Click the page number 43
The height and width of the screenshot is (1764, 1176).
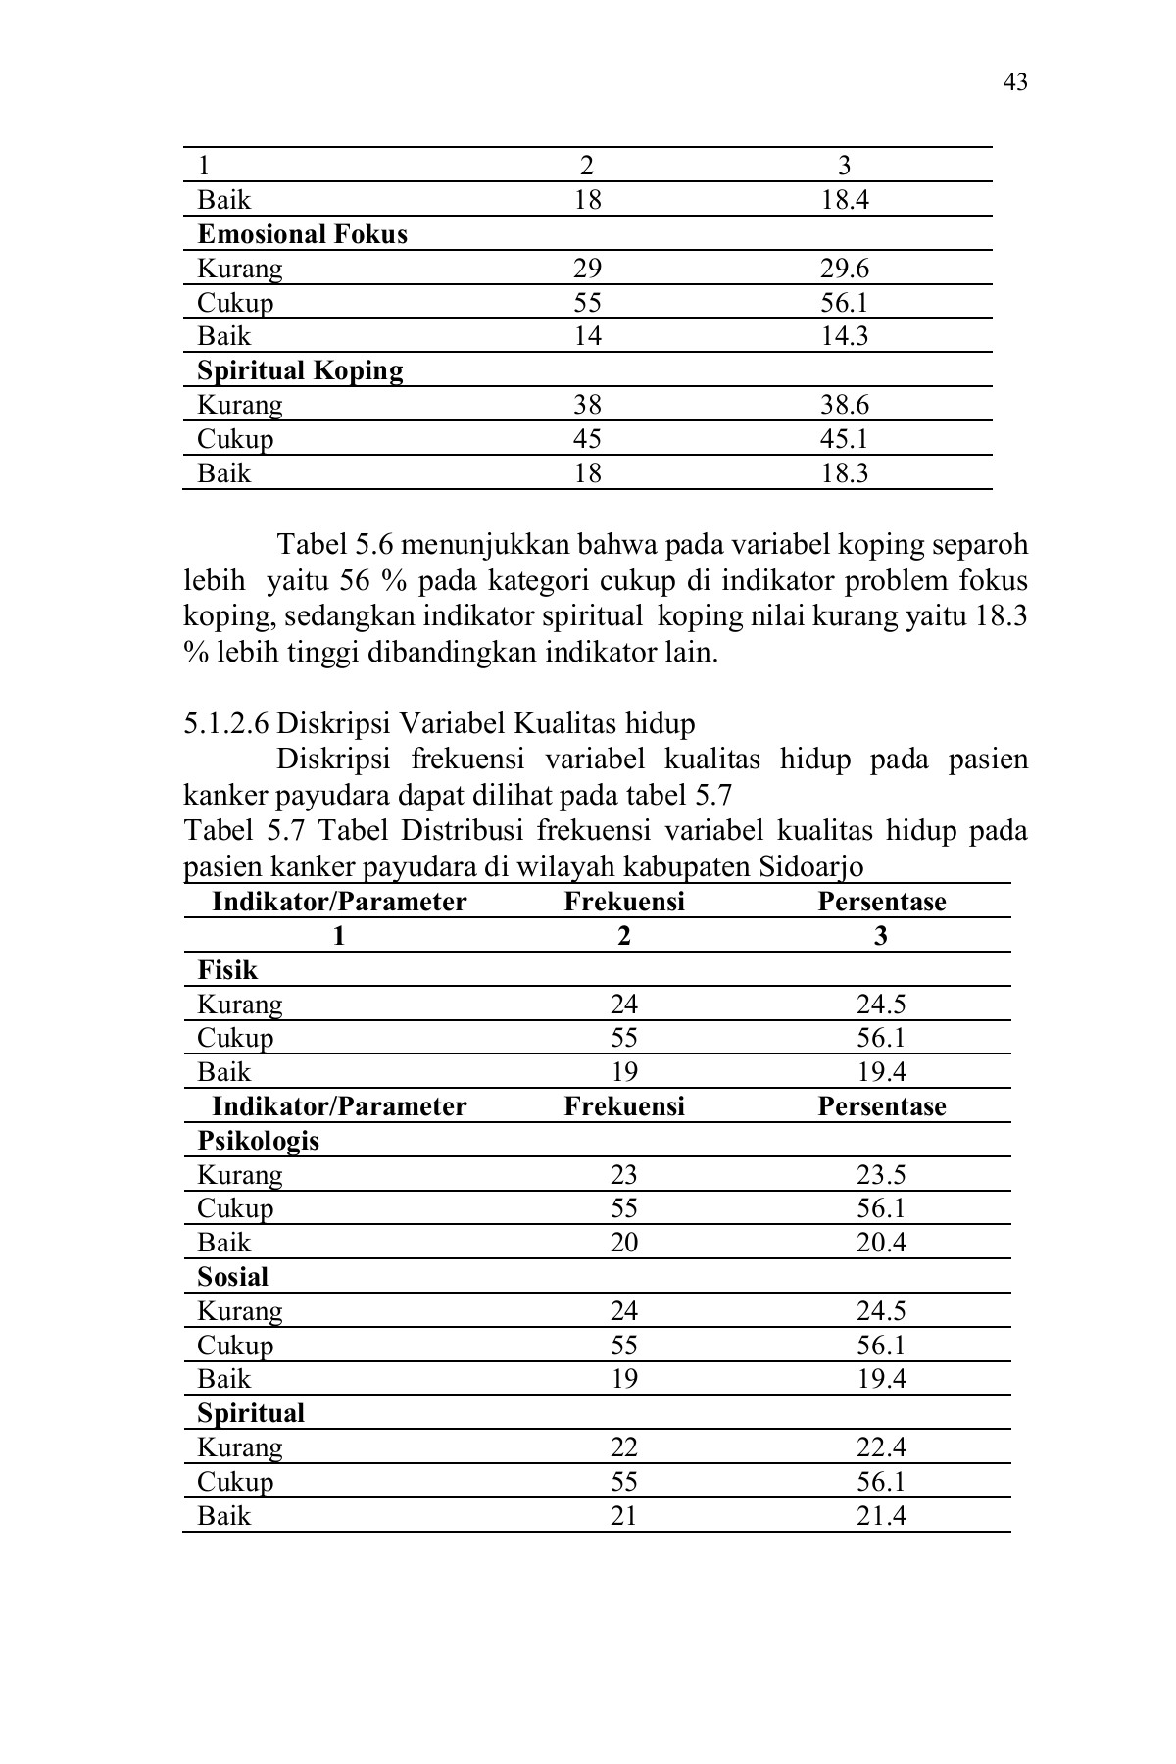pyautogui.click(x=1015, y=82)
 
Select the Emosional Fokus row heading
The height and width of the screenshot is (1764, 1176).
pyautogui.click(x=302, y=234)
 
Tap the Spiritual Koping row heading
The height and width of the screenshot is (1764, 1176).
pyautogui.click(x=300, y=370)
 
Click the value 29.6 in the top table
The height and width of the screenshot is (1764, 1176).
pyautogui.click(x=844, y=269)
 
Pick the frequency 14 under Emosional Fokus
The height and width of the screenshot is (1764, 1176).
pyautogui.click(x=587, y=336)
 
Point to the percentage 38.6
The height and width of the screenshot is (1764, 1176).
pyautogui.click(x=844, y=405)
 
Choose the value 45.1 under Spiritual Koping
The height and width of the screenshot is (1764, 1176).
pyautogui.click(x=844, y=438)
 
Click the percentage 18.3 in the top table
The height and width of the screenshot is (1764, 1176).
pyautogui.click(x=844, y=473)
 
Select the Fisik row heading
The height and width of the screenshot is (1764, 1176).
pyautogui.click(x=227, y=970)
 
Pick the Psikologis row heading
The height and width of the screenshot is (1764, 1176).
pyautogui.click(x=258, y=1141)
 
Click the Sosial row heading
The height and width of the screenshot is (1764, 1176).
pyautogui.click(x=232, y=1277)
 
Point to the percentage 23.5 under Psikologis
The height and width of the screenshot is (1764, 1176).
pyautogui.click(x=881, y=1175)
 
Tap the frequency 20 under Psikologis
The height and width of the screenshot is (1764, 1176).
pyautogui.click(x=623, y=1243)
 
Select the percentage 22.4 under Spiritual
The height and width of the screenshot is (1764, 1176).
pyautogui.click(x=881, y=1447)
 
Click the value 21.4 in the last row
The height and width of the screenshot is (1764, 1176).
pyautogui.click(x=881, y=1516)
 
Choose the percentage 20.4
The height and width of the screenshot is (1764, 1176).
pyautogui.click(x=881, y=1243)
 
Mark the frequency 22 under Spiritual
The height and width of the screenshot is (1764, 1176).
pyautogui.click(x=623, y=1447)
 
